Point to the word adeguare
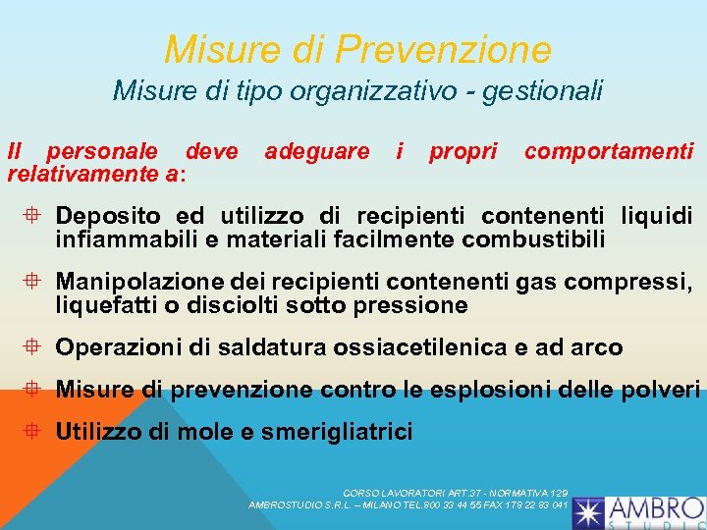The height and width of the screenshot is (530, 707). click(317, 151)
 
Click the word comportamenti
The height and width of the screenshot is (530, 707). click(609, 151)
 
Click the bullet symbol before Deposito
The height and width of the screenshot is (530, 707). click(35, 215)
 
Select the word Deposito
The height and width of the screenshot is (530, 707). click(110, 215)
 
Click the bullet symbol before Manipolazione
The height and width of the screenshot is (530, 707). click(35, 283)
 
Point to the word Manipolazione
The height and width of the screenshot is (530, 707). click(137, 283)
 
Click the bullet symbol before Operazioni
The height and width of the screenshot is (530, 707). click(35, 346)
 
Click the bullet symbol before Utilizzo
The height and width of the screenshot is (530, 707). click(35, 431)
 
